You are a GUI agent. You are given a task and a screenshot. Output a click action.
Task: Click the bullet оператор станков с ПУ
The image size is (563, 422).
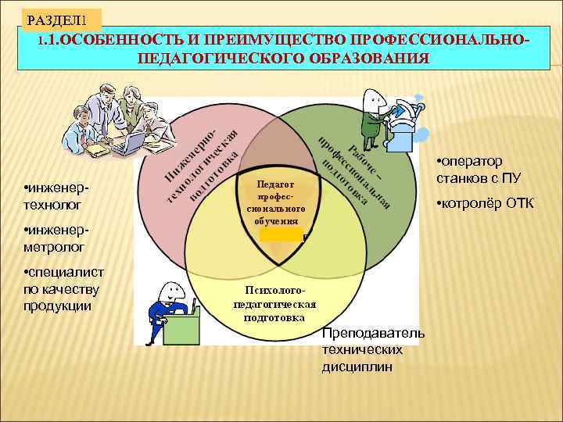tap(478, 170)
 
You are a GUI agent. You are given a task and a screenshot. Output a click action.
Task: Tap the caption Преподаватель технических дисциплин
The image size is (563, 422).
tap(373, 349)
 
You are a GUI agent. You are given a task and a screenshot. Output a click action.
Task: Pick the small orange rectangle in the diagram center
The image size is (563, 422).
tap(281, 234)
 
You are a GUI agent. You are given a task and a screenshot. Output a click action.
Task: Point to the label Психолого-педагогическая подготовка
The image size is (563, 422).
tap(274, 304)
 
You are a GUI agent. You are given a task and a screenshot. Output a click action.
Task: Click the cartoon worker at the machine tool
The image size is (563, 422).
tap(373, 113)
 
